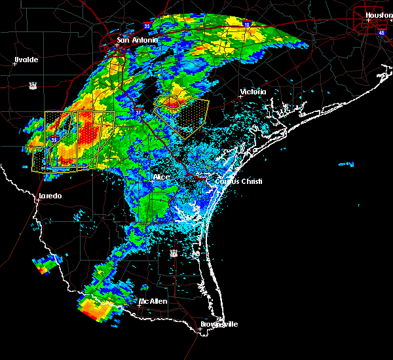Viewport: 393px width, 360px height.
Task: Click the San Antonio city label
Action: tap(138, 41)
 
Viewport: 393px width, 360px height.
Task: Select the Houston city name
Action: tap(379, 15)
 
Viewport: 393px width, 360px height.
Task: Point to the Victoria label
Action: tap(253, 92)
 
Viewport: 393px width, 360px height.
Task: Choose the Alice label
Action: tap(161, 177)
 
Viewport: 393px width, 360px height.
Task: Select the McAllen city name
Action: tap(153, 301)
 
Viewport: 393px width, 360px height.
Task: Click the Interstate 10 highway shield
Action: tap(246, 25)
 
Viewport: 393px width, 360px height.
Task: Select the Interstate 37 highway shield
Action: tap(139, 112)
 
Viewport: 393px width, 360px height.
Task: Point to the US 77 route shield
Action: tap(174, 253)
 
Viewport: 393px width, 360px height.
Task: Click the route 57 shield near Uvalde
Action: tap(32, 84)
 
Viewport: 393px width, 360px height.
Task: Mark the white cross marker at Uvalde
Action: tap(15, 64)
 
